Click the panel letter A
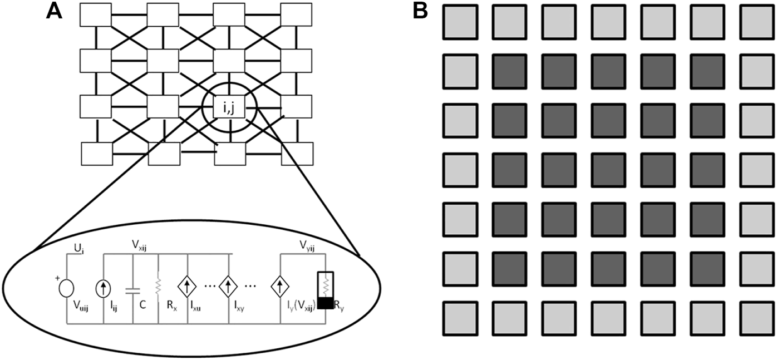click(x=54, y=11)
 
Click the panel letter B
click(x=421, y=11)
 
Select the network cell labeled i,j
click(x=230, y=109)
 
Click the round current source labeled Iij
click(x=104, y=288)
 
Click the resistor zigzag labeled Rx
click(x=159, y=287)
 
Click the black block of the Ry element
click(x=324, y=303)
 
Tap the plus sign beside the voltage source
click(x=56, y=277)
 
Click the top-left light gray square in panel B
click(x=460, y=22)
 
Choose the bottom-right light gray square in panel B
click(x=757, y=319)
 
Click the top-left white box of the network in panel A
click(x=96, y=15)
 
